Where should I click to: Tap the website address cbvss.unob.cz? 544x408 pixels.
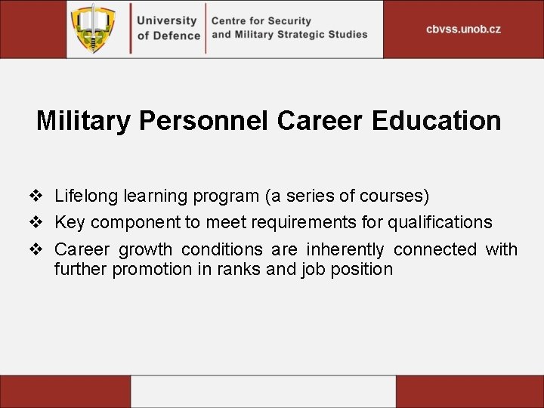(x=463, y=29)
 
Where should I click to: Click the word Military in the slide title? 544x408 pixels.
(x=83, y=121)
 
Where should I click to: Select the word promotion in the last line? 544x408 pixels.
(x=152, y=269)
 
